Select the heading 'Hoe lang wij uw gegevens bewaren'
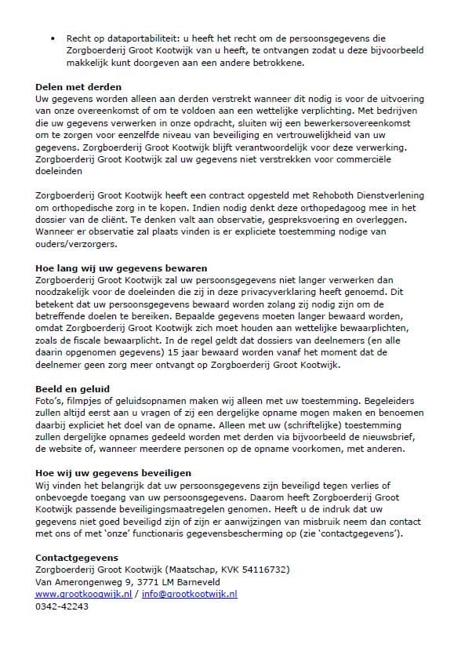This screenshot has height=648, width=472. pos(111,268)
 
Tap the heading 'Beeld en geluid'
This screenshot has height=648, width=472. pos(73,389)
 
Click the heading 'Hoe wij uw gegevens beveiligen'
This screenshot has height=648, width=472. pos(114,473)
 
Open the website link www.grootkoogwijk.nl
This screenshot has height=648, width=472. pos(85,595)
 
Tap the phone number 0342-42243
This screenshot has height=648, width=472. pos(62,606)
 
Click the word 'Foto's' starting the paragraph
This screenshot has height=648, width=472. pos(50,401)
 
